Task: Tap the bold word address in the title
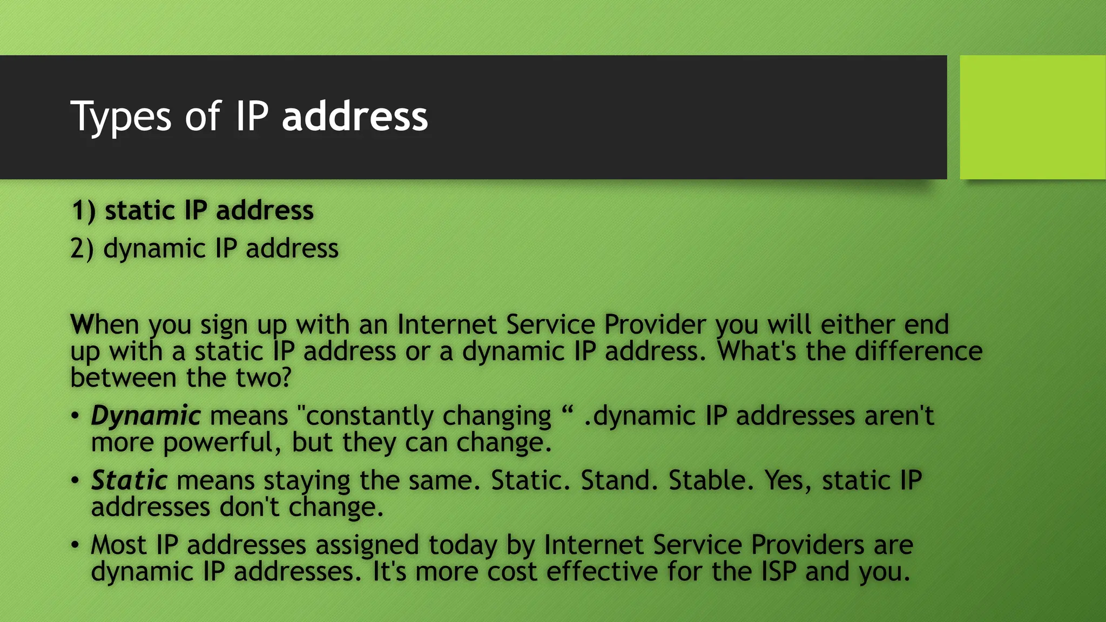[355, 117]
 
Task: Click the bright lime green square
[1032, 117]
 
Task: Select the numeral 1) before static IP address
[83, 211]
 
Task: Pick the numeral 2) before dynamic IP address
[82, 249]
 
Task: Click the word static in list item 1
[140, 211]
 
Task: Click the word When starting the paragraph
[105, 324]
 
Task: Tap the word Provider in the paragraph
[655, 324]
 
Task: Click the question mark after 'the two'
[285, 377]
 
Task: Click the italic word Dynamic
[146, 416]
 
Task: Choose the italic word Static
[129, 481]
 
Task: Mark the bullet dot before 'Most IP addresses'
[75, 544]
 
